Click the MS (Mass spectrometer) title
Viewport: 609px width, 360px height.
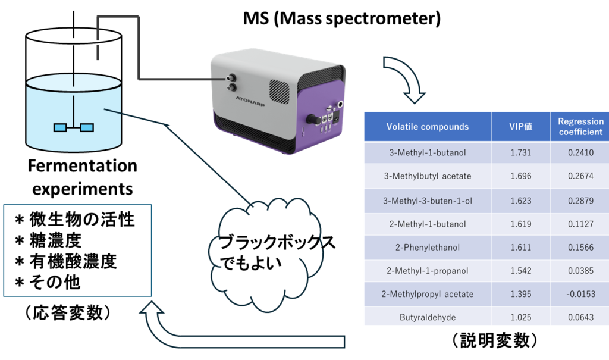coord(342,18)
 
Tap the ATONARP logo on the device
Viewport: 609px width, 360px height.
coord(250,102)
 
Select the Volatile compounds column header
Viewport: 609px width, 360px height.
coord(427,127)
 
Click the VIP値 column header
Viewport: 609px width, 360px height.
coord(520,127)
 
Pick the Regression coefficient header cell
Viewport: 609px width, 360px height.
coord(580,127)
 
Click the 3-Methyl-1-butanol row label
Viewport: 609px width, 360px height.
coord(427,153)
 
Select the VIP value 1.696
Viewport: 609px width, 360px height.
coord(520,176)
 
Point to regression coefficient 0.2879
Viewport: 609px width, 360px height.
coord(580,201)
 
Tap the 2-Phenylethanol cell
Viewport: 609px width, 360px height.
coord(427,248)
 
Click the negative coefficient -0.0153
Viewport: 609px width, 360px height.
coord(580,295)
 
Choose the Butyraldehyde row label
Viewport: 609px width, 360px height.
coord(427,318)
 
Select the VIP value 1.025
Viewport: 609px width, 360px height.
coord(520,318)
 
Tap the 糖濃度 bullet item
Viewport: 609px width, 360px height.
coord(48,240)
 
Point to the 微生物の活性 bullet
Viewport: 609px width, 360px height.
coord(74,220)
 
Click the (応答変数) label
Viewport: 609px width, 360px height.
coord(68,313)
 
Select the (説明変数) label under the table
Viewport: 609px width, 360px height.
coord(495,340)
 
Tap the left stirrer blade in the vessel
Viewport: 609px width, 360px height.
coord(60,127)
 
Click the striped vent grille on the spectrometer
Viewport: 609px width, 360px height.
coord(280,92)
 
